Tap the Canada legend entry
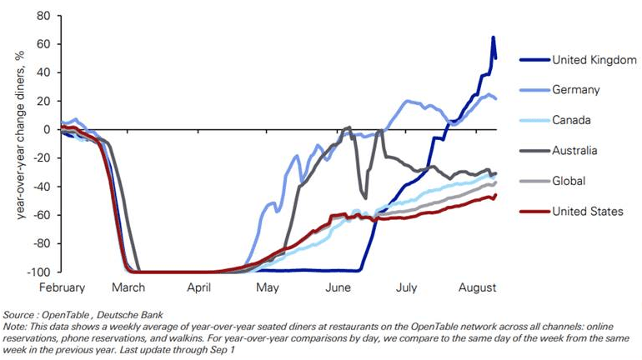tap(572, 121)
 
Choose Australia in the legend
tap(576, 151)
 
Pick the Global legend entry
tap(569, 181)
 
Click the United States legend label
tap(587, 211)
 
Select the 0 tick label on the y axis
tap(48, 130)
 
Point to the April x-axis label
tap(200, 287)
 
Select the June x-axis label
tap(338, 287)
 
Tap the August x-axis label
tap(476, 287)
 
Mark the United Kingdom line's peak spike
tap(494, 37)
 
